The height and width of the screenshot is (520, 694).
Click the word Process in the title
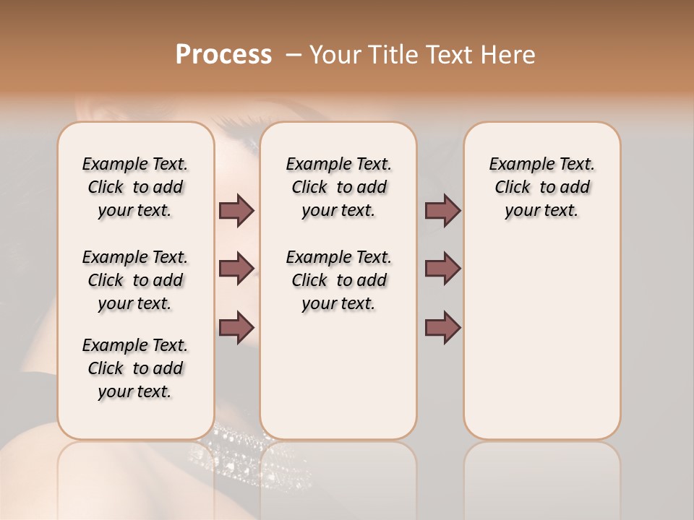(223, 55)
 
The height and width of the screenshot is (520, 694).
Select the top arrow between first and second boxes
(236, 210)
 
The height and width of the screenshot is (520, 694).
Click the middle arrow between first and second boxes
(236, 269)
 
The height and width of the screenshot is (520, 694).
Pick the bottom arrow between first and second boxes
(236, 326)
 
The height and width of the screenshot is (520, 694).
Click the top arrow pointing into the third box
(442, 210)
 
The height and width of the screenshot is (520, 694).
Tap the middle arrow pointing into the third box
(442, 269)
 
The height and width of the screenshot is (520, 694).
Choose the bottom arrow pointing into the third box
(442, 326)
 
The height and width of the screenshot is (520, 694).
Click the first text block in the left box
(135, 187)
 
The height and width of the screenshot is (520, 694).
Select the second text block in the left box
(135, 280)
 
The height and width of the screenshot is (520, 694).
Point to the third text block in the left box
(135, 368)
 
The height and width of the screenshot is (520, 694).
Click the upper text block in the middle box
(338, 187)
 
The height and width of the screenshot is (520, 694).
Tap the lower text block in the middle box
(338, 280)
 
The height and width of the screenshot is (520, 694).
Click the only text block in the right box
(541, 187)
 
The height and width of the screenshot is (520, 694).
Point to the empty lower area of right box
(541, 339)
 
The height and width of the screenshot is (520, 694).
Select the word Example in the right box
(514, 165)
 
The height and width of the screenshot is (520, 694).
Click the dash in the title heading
(294, 55)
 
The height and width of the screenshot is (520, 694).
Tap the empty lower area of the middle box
(338, 376)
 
